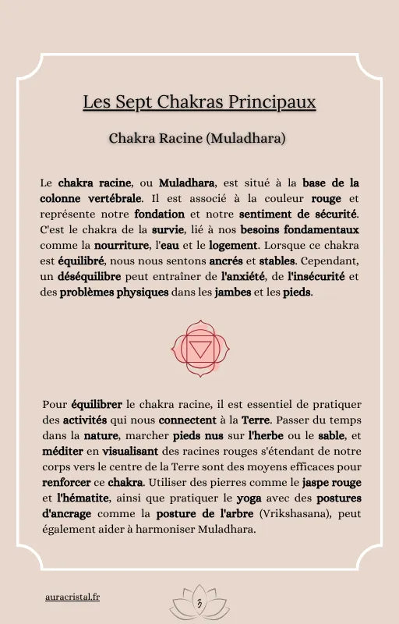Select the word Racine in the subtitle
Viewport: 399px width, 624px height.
pos(178,139)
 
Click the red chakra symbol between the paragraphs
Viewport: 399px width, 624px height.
pos(200,352)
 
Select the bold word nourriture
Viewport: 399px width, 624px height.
pos(123,246)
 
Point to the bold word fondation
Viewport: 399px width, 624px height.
pos(159,214)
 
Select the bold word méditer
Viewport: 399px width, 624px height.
pos(61,450)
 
